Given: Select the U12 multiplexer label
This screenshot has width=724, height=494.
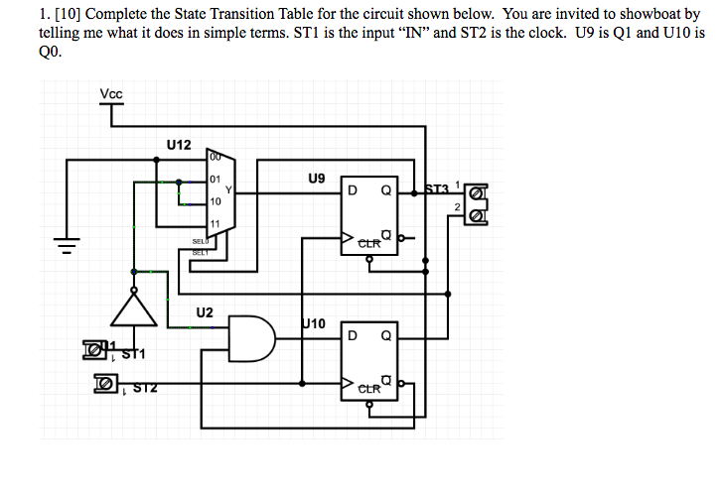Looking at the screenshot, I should point(179,145).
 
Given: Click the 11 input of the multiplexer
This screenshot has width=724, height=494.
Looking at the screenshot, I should point(215,222).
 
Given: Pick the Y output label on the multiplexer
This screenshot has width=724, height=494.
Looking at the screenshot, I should point(228,190).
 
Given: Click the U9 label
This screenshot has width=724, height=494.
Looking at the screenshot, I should point(316,180).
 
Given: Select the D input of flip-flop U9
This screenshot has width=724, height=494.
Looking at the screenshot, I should point(351,190).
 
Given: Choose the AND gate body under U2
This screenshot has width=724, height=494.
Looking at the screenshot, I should point(252,340).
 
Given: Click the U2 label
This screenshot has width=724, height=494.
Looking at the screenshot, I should point(205,311).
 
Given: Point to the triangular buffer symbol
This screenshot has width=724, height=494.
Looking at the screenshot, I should point(134,309).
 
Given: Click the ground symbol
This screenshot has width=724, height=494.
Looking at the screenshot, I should point(68,242).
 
